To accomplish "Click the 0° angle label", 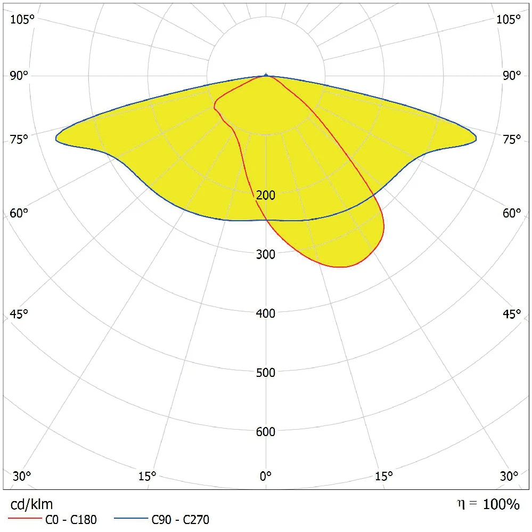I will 266,475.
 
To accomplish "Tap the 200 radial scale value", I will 266,195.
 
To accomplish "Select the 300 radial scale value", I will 266,254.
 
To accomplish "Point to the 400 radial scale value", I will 266,313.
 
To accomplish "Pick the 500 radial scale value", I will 266,373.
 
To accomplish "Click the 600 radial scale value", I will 266,432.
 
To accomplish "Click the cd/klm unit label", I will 32,504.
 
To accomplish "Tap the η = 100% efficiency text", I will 488,504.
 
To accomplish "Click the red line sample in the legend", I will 24,518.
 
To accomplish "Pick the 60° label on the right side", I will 511,213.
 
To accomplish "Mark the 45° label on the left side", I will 19,314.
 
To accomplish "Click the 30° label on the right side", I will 510,475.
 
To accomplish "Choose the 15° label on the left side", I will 147,475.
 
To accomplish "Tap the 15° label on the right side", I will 384,475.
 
